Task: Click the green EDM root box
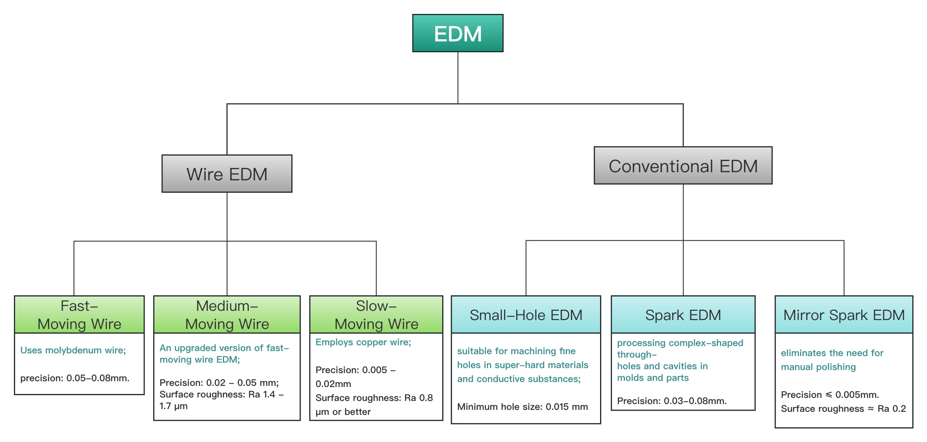(x=458, y=33)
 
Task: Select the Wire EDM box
(x=227, y=174)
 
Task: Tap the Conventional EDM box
(x=683, y=165)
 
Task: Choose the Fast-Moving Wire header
(x=79, y=315)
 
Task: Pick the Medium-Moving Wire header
(x=227, y=315)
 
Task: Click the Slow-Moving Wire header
(x=376, y=315)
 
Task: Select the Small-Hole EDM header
(x=526, y=315)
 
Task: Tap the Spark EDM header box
(x=683, y=315)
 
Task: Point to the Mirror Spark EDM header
(x=844, y=315)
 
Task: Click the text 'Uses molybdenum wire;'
(x=73, y=350)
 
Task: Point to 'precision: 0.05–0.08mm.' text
(x=75, y=378)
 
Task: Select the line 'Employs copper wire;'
(x=363, y=342)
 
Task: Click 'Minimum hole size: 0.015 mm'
(x=522, y=407)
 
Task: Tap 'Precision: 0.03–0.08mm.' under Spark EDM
(x=672, y=401)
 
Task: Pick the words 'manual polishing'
(x=818, y=367)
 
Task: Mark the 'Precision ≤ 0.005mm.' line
(x=830, y=395)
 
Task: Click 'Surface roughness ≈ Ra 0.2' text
(x=843, y=409)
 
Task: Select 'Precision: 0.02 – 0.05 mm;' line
(x=219, y=383)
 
